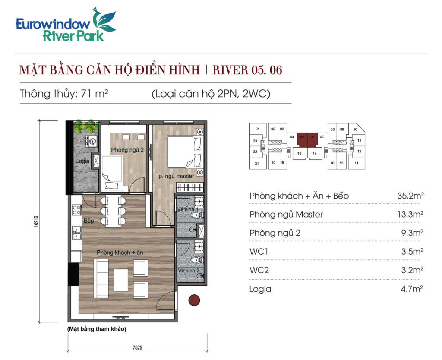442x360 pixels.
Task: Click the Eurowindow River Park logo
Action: [66, 25]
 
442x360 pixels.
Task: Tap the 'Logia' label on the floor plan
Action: [82, 161]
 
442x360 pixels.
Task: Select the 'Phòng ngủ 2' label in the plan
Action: [127, 150]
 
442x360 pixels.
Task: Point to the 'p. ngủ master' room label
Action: [176, 176]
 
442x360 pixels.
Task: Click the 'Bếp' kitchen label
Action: [88, 221]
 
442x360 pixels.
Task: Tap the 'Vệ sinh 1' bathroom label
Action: [188, 209]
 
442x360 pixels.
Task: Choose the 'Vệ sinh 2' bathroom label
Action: [189, 271]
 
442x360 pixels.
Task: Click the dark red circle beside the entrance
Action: [194, 300]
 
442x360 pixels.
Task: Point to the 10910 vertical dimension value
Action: [36, 221]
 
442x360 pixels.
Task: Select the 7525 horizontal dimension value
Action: [137, 347]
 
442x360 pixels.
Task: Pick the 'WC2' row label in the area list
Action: [259, 270]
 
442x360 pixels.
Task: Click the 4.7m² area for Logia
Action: [412, 289]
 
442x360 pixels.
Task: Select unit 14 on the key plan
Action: [357, 163]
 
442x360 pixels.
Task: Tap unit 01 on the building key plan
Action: [257, 129]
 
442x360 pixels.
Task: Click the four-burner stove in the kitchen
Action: [76, 210]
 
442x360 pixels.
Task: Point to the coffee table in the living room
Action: [121, 280]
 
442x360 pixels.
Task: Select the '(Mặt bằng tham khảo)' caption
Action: [97, 329]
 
